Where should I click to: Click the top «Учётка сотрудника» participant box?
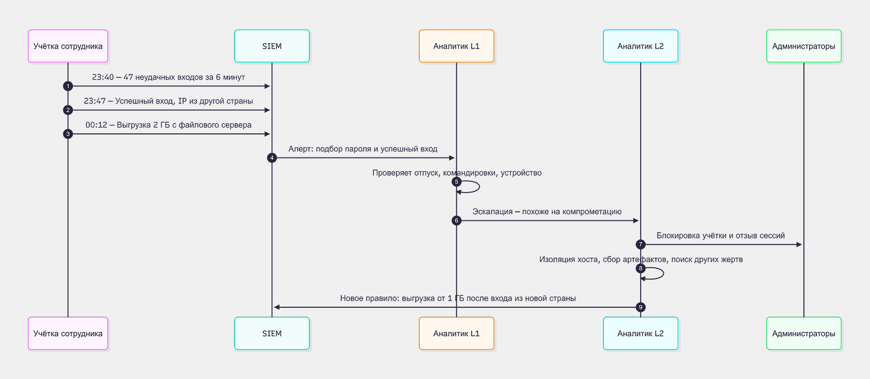[68, 46]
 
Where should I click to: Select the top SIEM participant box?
[272, 46]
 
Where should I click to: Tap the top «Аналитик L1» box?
[456, 46]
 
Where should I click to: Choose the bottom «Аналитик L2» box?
[641, 333]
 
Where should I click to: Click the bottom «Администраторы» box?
[803, 333]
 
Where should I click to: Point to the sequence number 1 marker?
[68, 86]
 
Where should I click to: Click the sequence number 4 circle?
[272, 158]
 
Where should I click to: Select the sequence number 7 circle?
[641, 244]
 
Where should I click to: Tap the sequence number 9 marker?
[641, 307]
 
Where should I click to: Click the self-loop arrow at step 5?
[479, 186]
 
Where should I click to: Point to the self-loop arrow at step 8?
[663, 273]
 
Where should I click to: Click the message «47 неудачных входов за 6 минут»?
[184, 77]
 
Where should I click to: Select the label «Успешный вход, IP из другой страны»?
[184, 101]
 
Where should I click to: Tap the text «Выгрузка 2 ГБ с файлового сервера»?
[184, 125]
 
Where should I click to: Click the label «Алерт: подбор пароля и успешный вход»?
[363, 149]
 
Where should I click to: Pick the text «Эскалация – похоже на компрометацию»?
[547, 212]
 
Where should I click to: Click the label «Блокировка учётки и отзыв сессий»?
[720, 236]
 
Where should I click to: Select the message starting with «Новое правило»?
[458, 298]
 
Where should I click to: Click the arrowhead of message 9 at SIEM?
[277, 307]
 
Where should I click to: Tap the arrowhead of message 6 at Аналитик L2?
[636, 220]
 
